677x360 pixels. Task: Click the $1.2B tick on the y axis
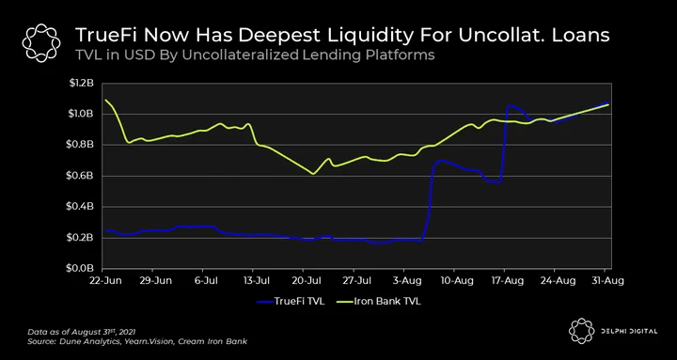[x=81, y=84]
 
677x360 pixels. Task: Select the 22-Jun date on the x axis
[x=105, y=281]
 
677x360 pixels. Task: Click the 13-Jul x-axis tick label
[x=256, y=281]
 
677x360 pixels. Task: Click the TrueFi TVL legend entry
[x=291, y=302]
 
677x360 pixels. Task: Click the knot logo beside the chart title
[x=41, y=42]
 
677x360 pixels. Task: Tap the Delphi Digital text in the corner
[x=630, y=331]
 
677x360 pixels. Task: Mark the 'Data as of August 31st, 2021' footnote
[x=82, y=332]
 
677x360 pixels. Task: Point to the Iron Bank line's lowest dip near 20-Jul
[x=313, y=174]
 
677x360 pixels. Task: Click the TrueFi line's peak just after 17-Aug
[x=510, y=106]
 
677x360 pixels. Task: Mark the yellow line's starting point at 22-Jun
[x=105, y=100]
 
